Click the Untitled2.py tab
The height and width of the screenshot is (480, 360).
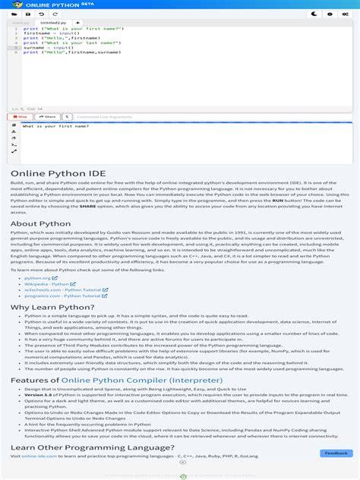coord(51,23)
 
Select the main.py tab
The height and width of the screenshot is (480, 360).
coord(20,23)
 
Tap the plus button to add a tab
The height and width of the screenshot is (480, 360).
coord(77,23)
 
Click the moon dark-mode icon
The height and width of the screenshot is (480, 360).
coord(314,14)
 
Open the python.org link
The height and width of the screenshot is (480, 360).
coord(38,278)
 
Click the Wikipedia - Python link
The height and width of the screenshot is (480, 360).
coord(48,284)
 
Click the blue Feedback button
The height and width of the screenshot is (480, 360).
coord(335,453)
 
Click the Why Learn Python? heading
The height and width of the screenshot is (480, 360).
coord(52,307)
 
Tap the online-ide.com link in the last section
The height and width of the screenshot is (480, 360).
coord(34,456)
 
